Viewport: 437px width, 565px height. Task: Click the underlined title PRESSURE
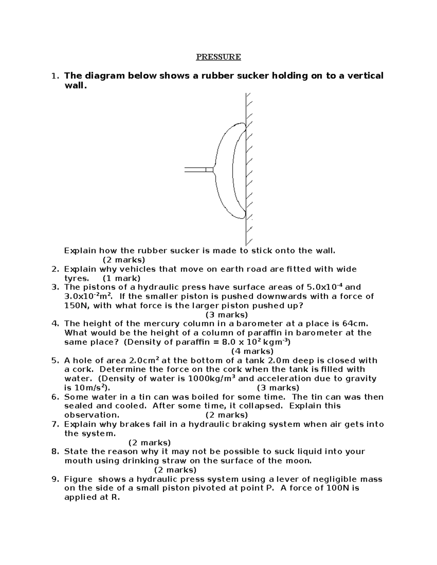(x=219, y=57)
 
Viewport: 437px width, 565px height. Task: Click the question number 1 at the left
(x=55, y=76)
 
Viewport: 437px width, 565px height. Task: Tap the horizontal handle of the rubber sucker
(x=195, y=170)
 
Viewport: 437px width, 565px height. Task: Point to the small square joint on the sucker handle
(x=209, y=170)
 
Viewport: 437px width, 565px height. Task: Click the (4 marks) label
(x=252, y=351)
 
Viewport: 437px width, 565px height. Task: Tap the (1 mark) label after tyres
(x=121, y=279)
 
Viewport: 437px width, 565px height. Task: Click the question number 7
(x=55, y=424)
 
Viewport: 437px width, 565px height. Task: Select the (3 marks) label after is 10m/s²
(x=278, y=388)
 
